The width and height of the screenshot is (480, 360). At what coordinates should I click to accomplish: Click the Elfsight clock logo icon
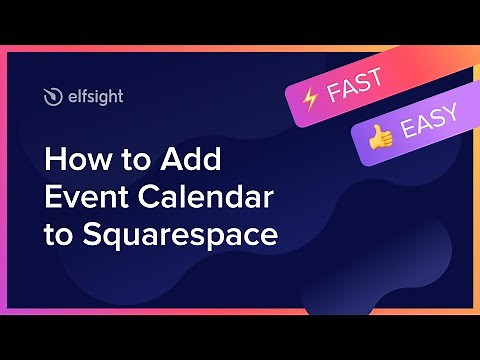[53, 96]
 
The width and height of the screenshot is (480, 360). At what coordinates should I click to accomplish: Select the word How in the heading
[69, 162]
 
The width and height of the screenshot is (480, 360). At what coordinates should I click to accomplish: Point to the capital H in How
[52, 162]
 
